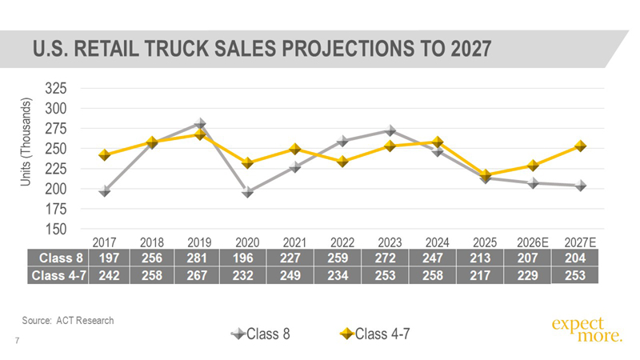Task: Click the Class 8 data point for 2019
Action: click(x=199, y=123)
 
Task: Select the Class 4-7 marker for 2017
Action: click(x=105, y=154)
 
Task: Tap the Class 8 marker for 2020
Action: click(x=247, y=191)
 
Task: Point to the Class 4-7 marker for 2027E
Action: click(x=580, y=146)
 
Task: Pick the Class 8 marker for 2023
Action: click(x=390, y=130)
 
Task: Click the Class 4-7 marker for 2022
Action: click(x=342, y=162)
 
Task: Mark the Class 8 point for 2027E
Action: click(x=580, y=186)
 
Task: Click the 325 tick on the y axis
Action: click(x=55, y=88)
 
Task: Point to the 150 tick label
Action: click(x=55, y=229)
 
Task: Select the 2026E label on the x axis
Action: click(x=532, y=242)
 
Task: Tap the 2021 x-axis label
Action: click(x=294, y=242)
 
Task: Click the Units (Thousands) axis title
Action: click(x=26, y=142)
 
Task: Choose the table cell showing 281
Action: click(x=197, y=258)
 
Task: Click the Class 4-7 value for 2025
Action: click(x=480, y=275)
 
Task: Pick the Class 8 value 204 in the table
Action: click(x=575, y=258)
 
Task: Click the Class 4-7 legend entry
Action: click(x=374, y=334)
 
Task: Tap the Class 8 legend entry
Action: click(x=261, y=334)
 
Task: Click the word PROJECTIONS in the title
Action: click(x=346, y=49)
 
